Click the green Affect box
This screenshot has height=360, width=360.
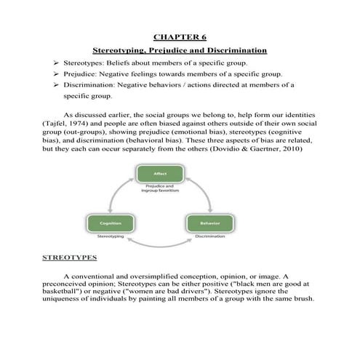coord(159,174)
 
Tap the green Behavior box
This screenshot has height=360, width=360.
coord(210,223)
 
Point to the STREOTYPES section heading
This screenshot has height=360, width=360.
coord(70,258)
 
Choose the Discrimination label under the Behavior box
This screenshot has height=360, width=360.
coord(210,236)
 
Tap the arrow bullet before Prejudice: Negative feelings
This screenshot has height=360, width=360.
coord(56,74)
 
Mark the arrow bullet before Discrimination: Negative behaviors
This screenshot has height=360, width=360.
coord(56,85)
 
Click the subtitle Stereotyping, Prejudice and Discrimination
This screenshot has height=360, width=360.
coord(180,50)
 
